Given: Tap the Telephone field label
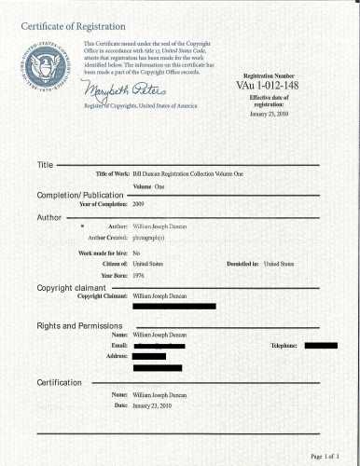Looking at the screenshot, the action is [x=284, y=346].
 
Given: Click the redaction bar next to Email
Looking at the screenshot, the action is [x=159, y=346].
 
